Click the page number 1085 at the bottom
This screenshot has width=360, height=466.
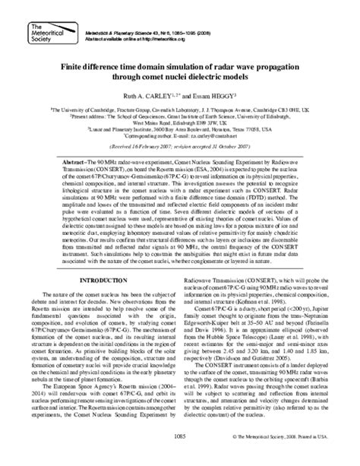tap(180, 458)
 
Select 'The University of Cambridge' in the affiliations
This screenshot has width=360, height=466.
tap(81, 108)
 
